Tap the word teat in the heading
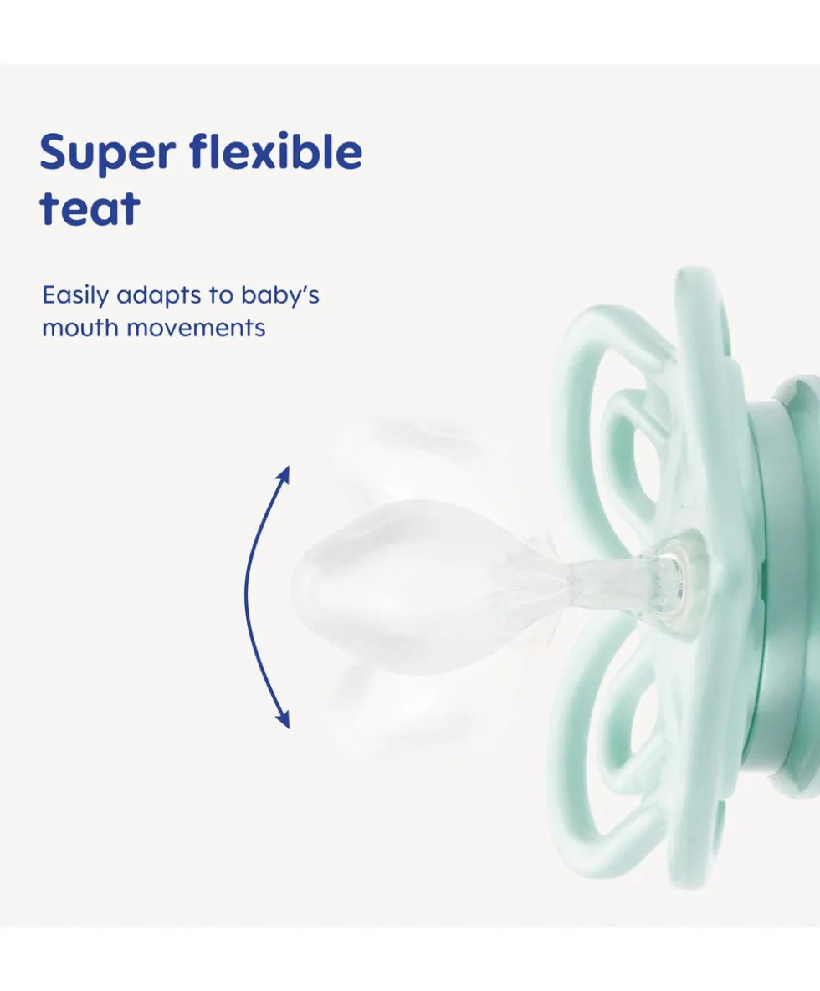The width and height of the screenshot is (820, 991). (x=90, y=207)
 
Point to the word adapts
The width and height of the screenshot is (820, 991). (x=158, y=296)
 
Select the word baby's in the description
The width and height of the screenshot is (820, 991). (x=280, y=296)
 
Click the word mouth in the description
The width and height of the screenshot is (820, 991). (x=80, y=328)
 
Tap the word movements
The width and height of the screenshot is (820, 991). (x=196, y=329)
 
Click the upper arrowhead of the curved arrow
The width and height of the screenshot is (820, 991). (x=284, y=475)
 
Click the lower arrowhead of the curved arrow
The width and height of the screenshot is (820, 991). (x=284, y=718)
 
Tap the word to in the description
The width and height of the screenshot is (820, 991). (x=221, y=296)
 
